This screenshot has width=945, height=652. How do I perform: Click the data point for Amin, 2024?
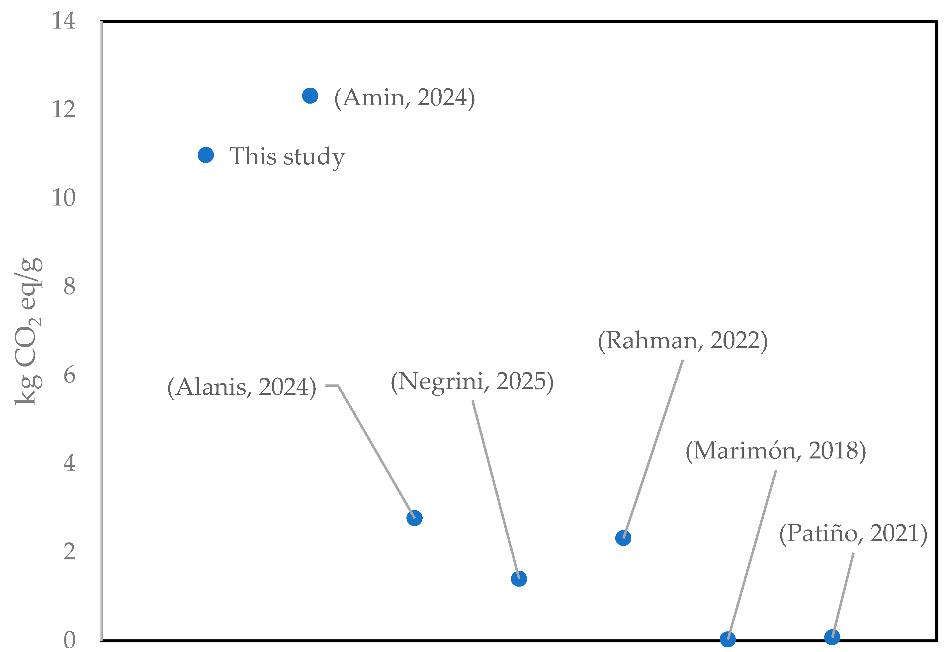point(310,96)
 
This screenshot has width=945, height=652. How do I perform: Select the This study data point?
point(206,155)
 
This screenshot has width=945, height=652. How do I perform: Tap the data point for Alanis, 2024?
point(414,518)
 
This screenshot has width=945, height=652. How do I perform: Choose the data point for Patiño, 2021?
point(832,637)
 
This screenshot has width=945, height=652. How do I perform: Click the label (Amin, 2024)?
point(404,98)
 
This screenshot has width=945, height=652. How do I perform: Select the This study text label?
point(287,156)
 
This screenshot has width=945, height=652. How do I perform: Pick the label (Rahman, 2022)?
point(683,340)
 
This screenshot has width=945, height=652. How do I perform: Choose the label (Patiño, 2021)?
point(853,533)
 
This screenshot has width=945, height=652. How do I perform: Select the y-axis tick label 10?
point(63,198)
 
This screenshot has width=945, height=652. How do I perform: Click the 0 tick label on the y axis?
point(69,640)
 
